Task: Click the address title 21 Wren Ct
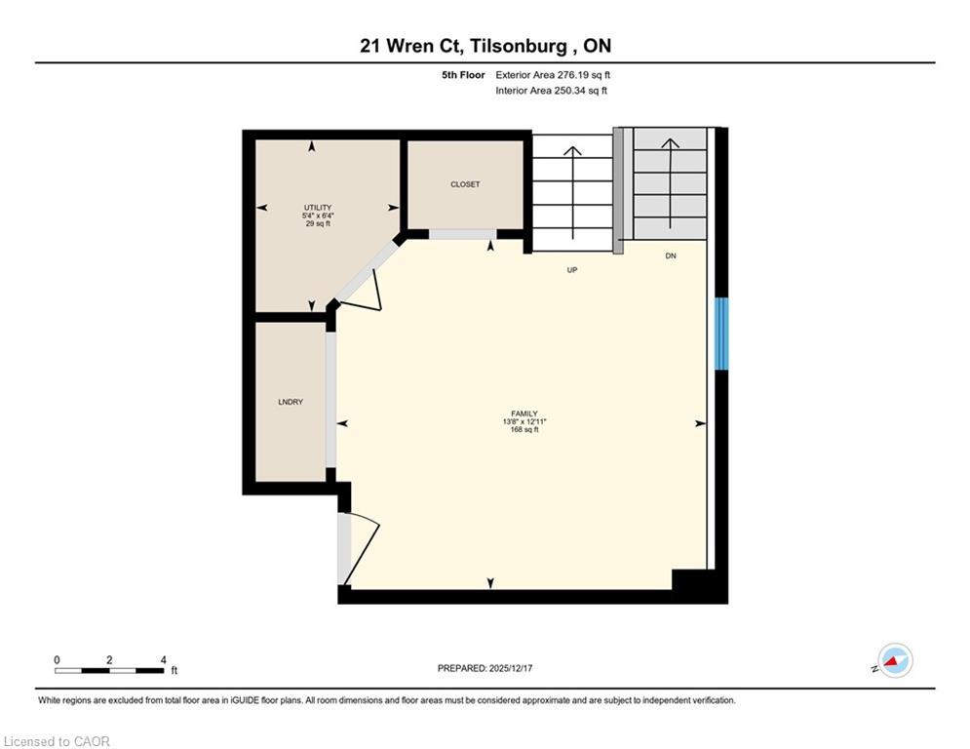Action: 485,46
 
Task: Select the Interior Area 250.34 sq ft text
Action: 551,91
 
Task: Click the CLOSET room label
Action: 465,184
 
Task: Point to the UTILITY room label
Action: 318,208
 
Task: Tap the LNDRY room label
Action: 290,402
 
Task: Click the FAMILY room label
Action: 521,414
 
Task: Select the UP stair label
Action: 572,269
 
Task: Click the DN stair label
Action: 671,256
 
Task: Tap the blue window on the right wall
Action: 721,335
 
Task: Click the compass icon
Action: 894,660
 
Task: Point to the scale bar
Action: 109,670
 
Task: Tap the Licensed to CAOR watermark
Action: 57,741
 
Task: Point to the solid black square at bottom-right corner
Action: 697,584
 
